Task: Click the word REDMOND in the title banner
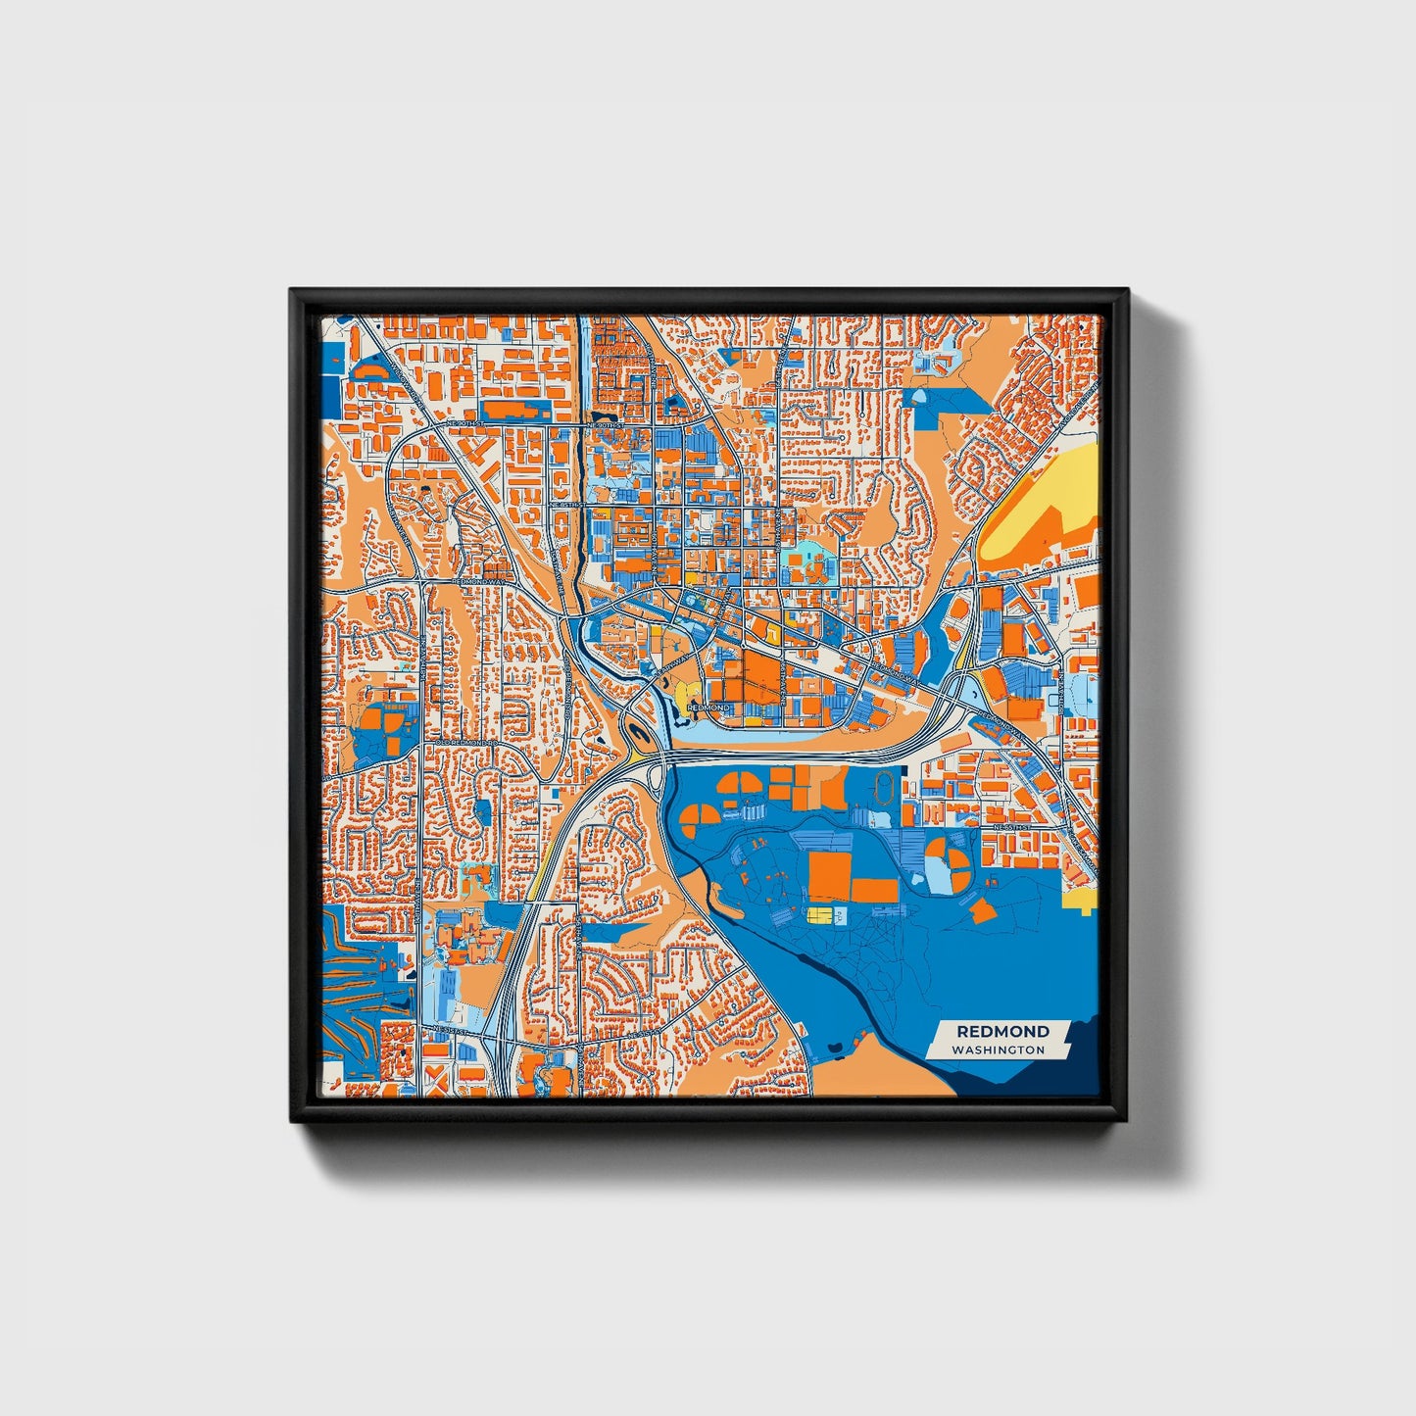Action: [1002, 1031]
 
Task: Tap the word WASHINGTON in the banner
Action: [998, 1050]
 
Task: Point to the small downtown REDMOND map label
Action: [708, 707]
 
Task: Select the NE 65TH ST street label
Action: [1015, 829]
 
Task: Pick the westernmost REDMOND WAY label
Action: [477, 582]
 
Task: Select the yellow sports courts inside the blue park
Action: [819, 914]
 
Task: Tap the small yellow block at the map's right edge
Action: [1083, 902]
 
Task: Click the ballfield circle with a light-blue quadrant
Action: [948, 859]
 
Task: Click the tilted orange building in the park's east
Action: [982, 910]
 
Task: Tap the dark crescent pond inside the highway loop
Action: [636, 730]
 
